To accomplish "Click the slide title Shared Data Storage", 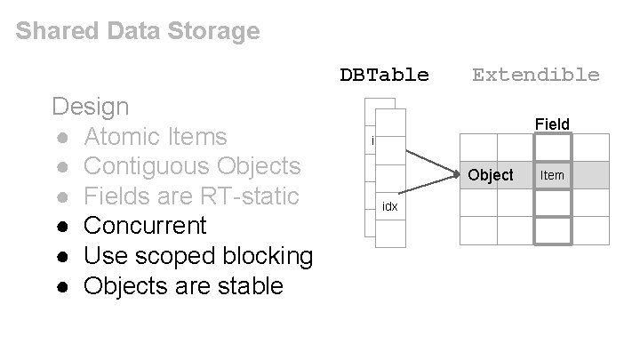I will point(138,32).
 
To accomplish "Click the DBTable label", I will point(384,75).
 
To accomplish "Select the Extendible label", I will point(535,75).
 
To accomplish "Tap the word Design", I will point(91,107).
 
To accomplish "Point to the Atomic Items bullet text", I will point(156,137).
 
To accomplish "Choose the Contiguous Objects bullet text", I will point(192,166).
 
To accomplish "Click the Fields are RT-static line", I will point(190,196).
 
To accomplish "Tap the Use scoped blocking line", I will point(198,256).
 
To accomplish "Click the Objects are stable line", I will point(183,286).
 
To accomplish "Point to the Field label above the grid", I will point(552,124).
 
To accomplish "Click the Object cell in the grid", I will point(491,175).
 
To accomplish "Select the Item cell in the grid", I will point(552,175).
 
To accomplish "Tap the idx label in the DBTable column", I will point(389,207).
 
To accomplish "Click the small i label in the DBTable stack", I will point(372,140).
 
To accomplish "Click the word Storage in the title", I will point(218,32).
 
